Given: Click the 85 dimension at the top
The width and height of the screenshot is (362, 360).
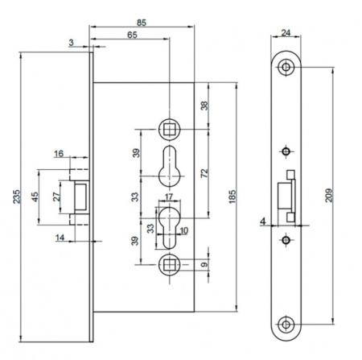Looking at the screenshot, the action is click(142, 23).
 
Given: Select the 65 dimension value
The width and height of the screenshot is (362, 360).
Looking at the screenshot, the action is click(132, 35).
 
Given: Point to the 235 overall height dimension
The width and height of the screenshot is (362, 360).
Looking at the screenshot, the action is click(16, 197).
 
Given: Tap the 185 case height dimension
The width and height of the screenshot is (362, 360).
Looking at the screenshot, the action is click(232, 197).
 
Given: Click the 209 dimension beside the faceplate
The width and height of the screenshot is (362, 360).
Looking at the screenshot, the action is click(329, 195).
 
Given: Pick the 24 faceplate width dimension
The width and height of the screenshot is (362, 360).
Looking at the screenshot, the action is click(286, 33).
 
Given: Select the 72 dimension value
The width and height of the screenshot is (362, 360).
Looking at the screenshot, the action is click(204, 173).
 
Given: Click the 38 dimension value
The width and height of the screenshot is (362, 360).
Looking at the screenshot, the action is click(204, 106).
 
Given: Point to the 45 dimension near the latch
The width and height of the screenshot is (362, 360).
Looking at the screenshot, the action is click(35, 197).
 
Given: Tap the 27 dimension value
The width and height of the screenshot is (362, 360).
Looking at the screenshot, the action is click(56, 197).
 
